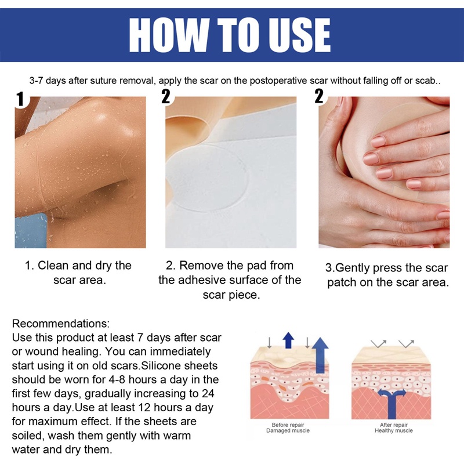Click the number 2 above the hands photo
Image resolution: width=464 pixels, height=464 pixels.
pos(318,97)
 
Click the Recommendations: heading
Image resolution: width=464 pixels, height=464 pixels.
pos(61,323)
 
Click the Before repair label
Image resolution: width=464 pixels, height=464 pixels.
pos(288,425)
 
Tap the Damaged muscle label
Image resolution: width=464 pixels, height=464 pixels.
pos(288,431)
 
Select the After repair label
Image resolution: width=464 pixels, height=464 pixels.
pos(394,425)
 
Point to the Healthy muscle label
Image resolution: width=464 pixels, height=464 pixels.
pos(394,431)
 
